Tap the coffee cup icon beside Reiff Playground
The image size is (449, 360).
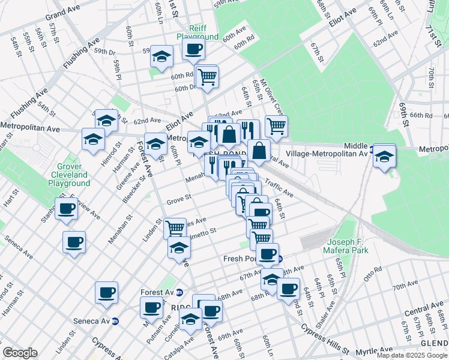click(x=193, y=50)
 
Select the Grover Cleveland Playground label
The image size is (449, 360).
click(x=73, y=175)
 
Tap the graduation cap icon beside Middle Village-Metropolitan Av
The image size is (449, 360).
click(x=384, y=157)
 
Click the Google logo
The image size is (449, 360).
click(x=20, y=353)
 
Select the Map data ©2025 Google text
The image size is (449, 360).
click(x=411, y=355)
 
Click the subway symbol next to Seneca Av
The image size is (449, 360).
click(x=116, y=321)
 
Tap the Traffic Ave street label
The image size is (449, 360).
click(x=279, y=190)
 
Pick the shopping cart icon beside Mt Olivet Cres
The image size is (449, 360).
click(x=276, y=125)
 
